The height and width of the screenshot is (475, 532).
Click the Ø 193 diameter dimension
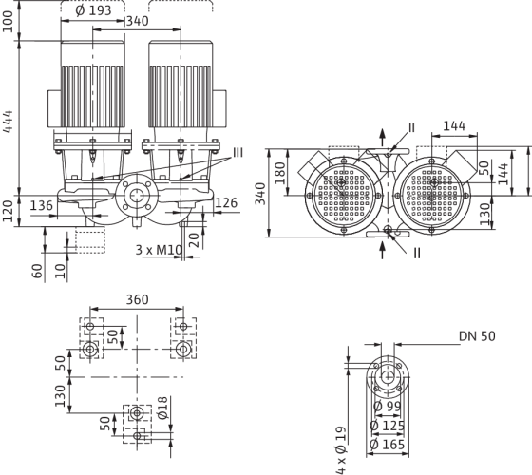click(93, 10)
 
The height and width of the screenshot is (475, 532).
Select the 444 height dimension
click(8, 122)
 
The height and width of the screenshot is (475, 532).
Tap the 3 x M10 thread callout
click(159, 250)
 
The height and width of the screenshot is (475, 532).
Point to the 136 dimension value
click(42, 205)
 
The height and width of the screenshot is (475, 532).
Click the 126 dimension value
click(226, 203)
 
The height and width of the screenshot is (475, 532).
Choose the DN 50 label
click(477, 336)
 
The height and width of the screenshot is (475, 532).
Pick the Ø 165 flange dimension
click(388, 445)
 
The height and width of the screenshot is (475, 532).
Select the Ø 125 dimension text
click(388, 426)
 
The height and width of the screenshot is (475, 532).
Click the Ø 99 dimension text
click(388, 407)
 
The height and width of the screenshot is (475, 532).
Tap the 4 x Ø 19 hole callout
click(341, 450)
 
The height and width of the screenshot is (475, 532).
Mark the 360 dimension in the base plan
click(138, 300)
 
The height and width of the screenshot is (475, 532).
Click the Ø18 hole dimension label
click(163, 408)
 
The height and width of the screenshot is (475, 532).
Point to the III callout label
click(237, 153)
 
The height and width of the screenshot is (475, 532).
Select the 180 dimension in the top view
click(280, 173)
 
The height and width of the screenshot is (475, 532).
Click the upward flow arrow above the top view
click(382, 139)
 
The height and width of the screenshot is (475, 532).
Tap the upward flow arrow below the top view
click(382, 250)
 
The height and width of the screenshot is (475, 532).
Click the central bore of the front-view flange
click(137, 196)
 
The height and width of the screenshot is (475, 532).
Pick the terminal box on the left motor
click(54, 108)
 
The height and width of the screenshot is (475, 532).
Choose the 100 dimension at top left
click(8, 21)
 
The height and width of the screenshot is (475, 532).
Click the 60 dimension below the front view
click(37, 271)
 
